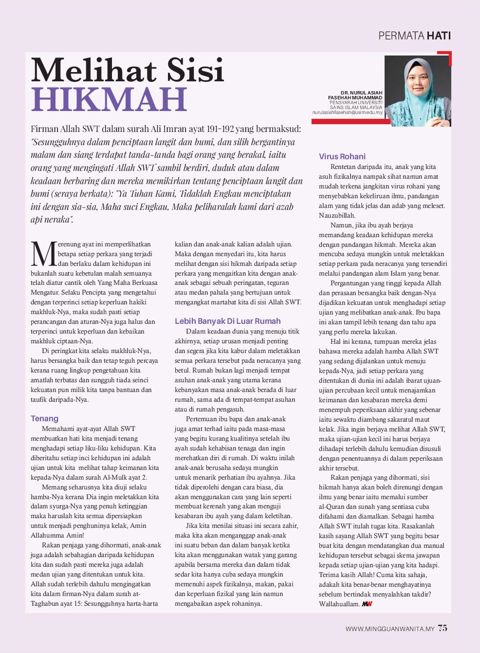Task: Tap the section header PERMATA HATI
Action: [x=414, y=36]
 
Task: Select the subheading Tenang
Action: [x=44, y=418]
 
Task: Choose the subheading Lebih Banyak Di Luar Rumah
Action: [x=227, y=321]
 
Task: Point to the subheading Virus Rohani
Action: [x=342, y=156]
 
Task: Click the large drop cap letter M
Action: [x=44, y=254]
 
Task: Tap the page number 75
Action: [x=442, y=628]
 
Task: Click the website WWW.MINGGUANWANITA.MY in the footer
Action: [x=389, y=629]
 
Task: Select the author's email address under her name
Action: [x=347, y=112]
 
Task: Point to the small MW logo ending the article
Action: [x=367, y=604]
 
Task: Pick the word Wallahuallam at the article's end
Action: [x=339, y=604]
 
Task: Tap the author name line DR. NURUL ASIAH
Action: [x=361, y=93]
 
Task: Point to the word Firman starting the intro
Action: [x=44, y=129]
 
